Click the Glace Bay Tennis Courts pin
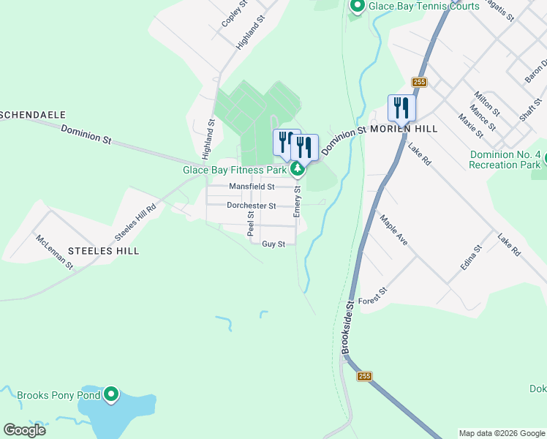358,7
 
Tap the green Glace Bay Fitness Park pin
297,170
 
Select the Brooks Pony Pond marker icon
111,395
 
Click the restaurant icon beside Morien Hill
401,108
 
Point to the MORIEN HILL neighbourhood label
404,129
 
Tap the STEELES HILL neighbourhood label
103,250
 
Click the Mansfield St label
251,187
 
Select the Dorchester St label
251,206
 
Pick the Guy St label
273,244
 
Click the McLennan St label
55,251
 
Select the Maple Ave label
393,229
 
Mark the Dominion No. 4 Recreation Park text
505,160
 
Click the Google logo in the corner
24,430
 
